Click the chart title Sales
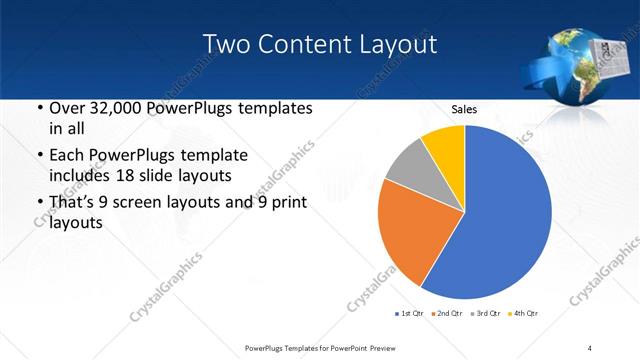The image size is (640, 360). pos(464,109)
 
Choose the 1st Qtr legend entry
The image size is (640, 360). pos(409,315)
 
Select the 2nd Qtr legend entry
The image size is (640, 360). pos(445,315)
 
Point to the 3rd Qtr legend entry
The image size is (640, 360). pos(483,315)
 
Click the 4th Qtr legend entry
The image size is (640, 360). pos(521,315)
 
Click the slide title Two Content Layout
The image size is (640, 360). pos(319,44)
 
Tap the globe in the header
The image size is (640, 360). pos(576,66)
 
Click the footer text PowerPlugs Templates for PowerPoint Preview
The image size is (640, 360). pos(329,347)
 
